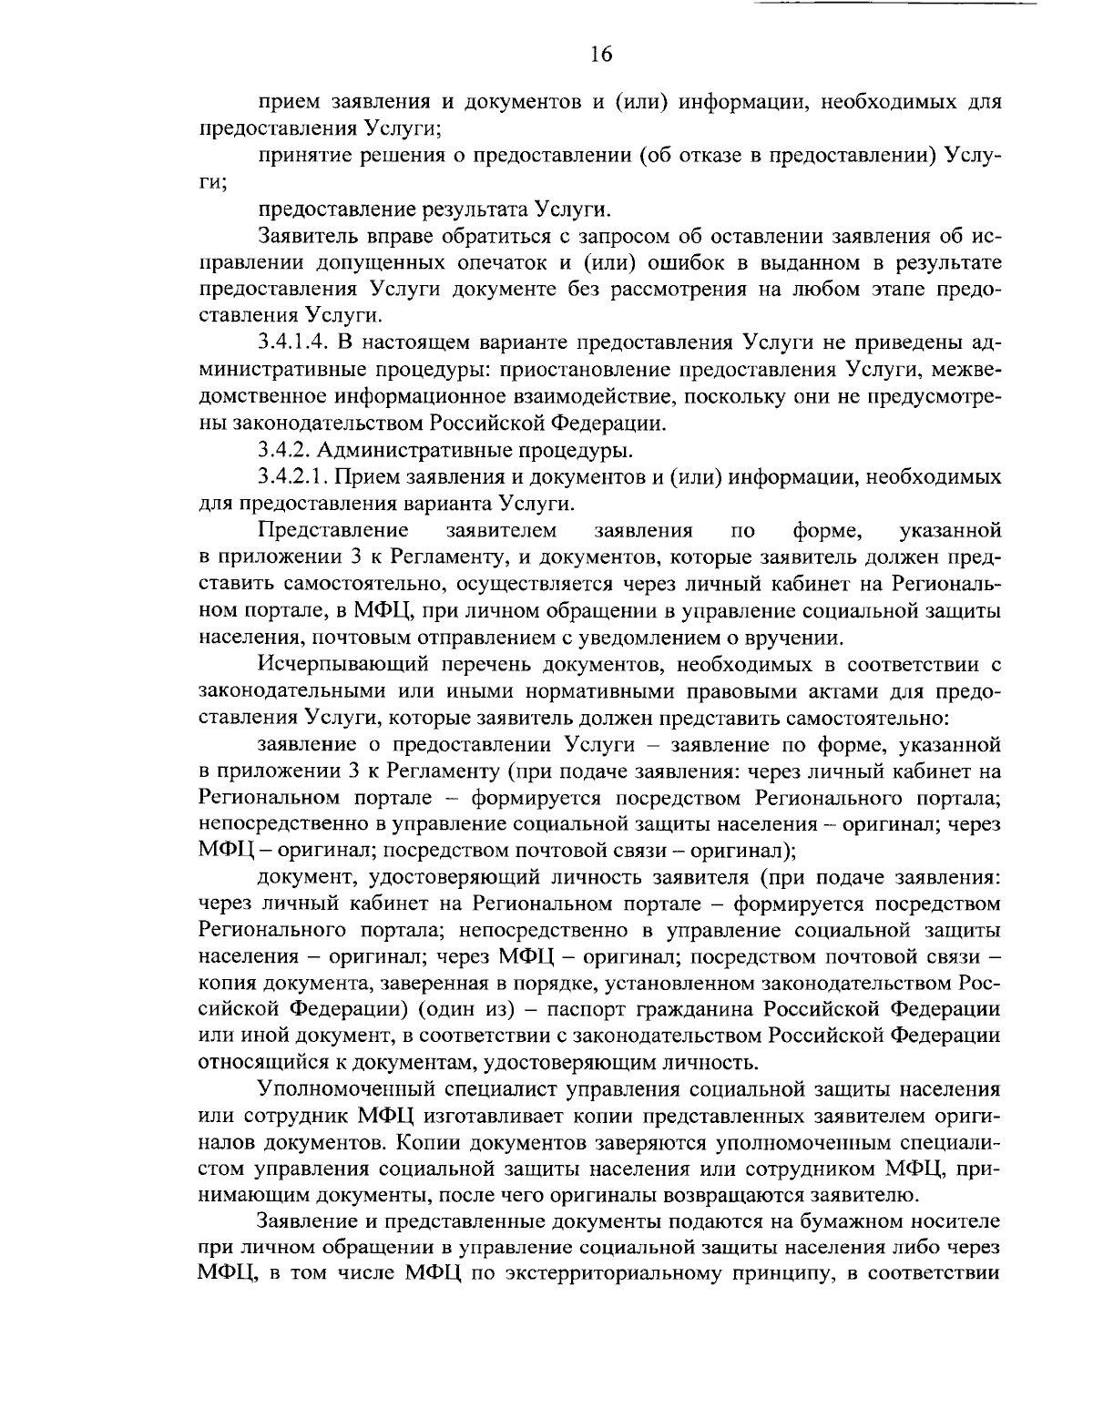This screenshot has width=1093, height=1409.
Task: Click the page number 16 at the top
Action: tap(600, 55)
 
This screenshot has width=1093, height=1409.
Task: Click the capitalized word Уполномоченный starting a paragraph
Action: tap(347, 1088)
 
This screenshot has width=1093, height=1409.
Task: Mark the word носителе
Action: tap(961, 1220)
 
